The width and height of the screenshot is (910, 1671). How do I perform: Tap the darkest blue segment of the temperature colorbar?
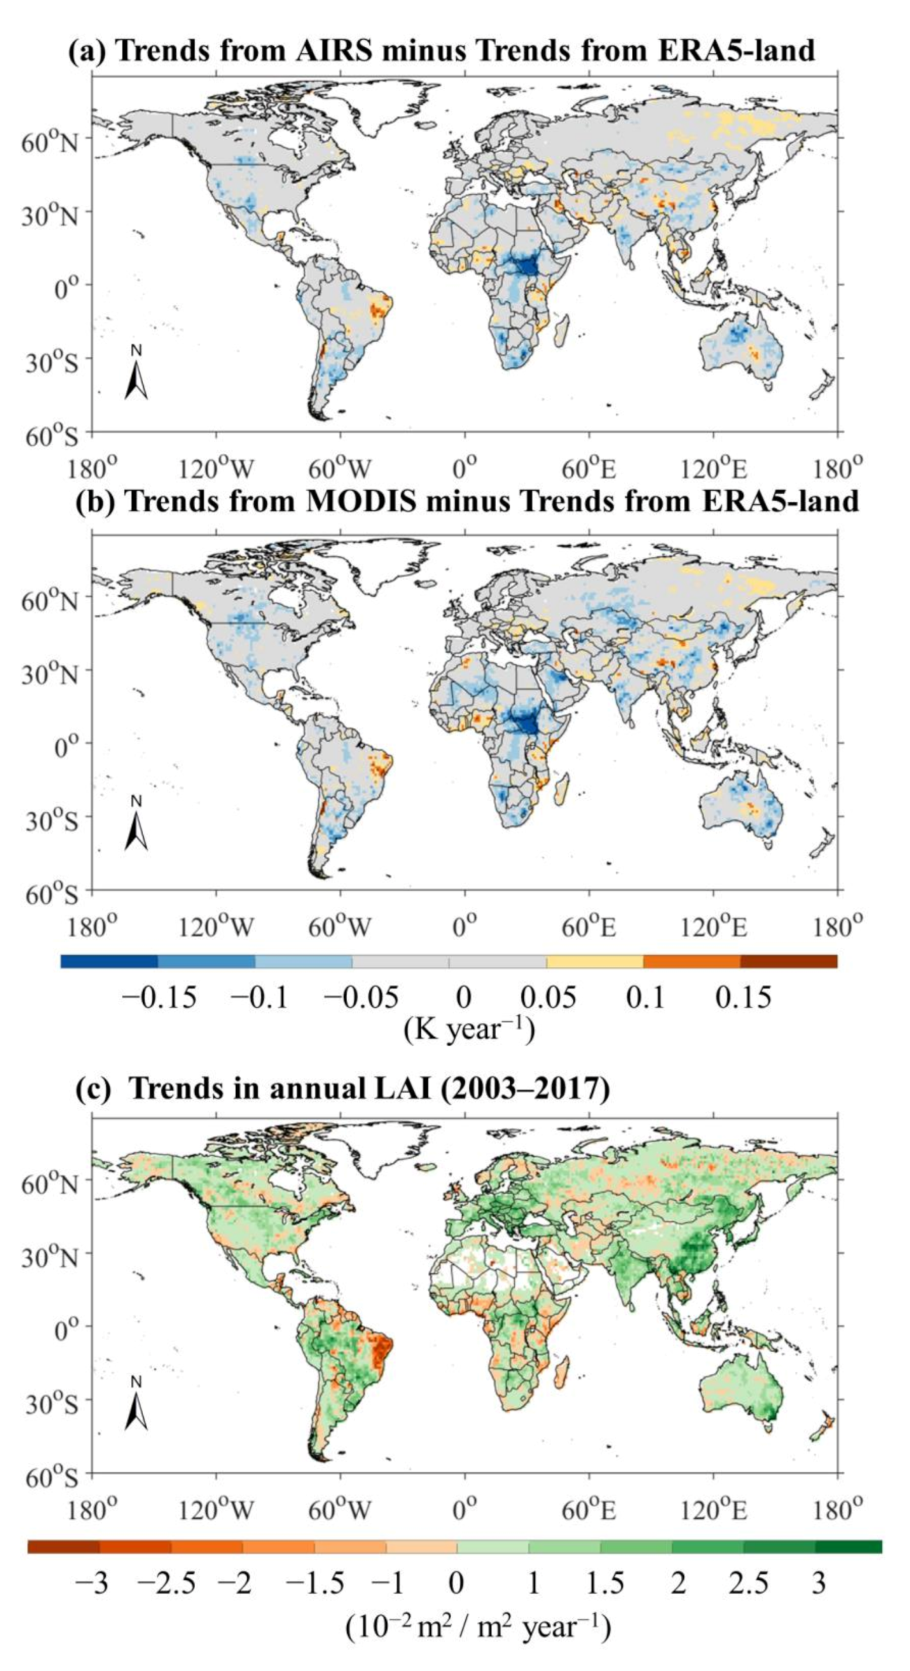[109, 962]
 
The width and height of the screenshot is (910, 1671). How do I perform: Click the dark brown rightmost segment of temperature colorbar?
[788, 962]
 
